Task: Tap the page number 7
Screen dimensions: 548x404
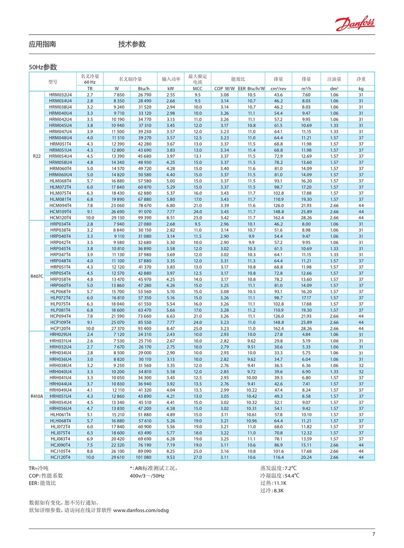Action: (373, 535)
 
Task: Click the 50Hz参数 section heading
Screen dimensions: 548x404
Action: (42, 67)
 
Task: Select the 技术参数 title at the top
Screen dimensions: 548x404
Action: (132, 44)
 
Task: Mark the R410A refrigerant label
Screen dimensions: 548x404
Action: (36, 396)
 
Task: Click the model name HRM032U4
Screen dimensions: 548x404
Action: (60, 95)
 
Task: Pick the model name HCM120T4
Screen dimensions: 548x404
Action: (60, 217)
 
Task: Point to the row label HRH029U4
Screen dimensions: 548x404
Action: (60, 335)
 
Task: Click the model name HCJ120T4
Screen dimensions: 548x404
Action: (60, 457)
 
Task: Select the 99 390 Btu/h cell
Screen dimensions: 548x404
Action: (144, 217)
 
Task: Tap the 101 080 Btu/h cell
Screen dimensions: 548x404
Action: (144, 457)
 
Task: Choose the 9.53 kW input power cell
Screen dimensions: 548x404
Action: (171, 457)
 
